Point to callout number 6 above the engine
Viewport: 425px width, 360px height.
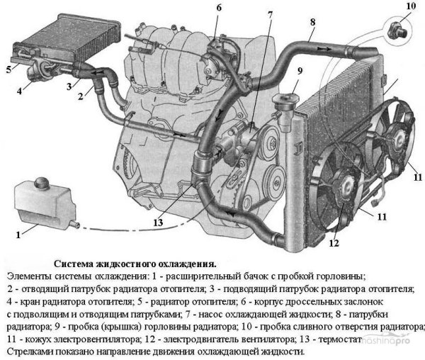pyautogui.click(x=219, y=8)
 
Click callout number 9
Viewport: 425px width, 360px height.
pyautogui.click(x=300, y=70)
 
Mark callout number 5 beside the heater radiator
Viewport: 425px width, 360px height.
pyautogui.click(x=8, y=69)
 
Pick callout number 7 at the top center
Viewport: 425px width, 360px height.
pyautogui.click(x=270, y=13)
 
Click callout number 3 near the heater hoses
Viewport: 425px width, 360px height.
pyautogui.click(x=69, y=86)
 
